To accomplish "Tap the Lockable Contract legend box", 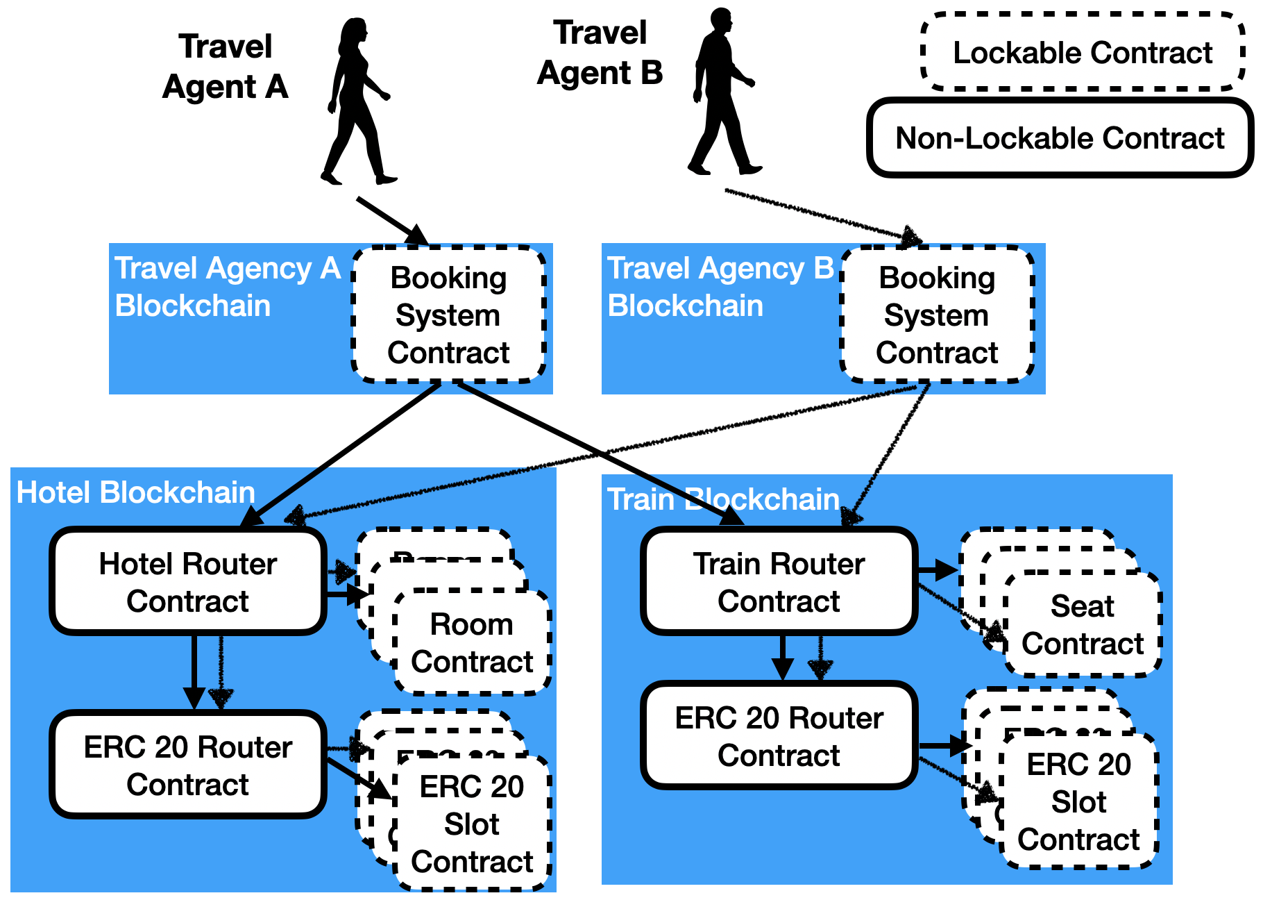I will pos(1083,53).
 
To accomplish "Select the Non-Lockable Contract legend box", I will pos(1060,138).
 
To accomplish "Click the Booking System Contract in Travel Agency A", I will pos(449,315).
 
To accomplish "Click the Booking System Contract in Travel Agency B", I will pos(937,315).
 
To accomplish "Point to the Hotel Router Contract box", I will pos(188,582).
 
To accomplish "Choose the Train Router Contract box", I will pos(779,582).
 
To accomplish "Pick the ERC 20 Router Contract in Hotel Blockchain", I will pos(188,765).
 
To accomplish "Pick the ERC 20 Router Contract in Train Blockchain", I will pos(779,736).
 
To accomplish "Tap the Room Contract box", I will pos(472,643).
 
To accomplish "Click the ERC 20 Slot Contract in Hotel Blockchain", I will pos(472,824).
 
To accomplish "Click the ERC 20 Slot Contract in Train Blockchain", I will pos(1079,802).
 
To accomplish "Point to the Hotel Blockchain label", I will pos(136,492).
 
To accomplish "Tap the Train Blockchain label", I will pos(723,499).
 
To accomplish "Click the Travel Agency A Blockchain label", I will pos(228,287).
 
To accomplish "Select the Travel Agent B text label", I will pos(600,53).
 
